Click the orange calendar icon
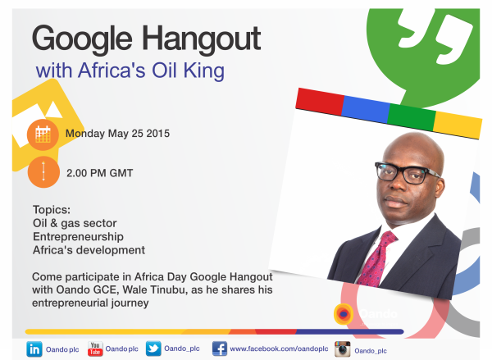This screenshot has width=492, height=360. pos(43,134)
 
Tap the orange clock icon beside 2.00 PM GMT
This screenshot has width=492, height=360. pos(43,173)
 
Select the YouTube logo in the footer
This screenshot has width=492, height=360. pos(95,349)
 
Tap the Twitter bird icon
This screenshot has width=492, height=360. pos(153,349)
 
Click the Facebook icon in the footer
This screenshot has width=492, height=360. pos(219,349)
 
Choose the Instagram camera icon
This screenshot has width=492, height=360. pos(342,349)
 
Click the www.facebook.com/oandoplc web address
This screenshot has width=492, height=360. pos(279,349)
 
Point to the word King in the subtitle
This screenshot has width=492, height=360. pos(205,71)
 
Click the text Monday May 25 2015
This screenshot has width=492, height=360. pos(118,133)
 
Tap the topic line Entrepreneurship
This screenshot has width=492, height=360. pos(77,237)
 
